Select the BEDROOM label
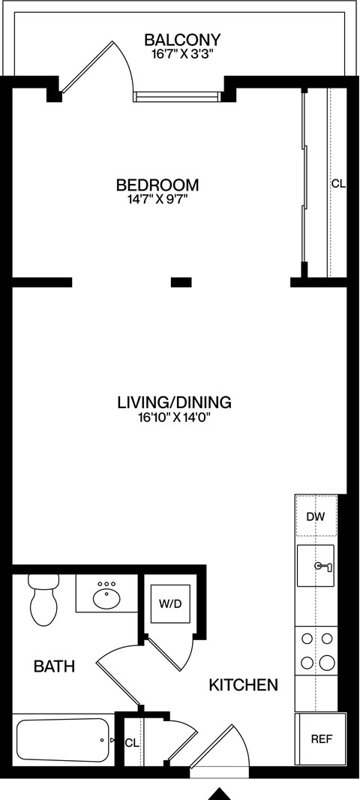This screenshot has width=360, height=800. click(x=157, y=185)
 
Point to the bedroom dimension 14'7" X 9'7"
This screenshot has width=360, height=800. click(x=157, y=200)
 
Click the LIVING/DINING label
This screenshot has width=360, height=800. click(x=174, y=402)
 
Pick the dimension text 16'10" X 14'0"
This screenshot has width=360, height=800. click(x=174, y=418)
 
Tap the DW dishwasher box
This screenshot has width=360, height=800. click(x=316, y=517)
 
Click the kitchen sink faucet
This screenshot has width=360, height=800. click(x=324, y=566)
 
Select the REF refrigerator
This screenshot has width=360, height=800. click(x=322, y=738)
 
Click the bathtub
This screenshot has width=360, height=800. click(x=63, y=741)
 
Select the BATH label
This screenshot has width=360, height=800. click(x=55, y=666)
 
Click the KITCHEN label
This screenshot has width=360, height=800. click(x=243, y=684)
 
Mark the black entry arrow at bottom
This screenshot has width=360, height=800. click(x=219, y=792)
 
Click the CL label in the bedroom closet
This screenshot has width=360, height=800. click(x=338, y=184)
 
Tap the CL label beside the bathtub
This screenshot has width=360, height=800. click(x=131, y=743)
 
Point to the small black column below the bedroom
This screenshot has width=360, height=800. click(x=181, y=282)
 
